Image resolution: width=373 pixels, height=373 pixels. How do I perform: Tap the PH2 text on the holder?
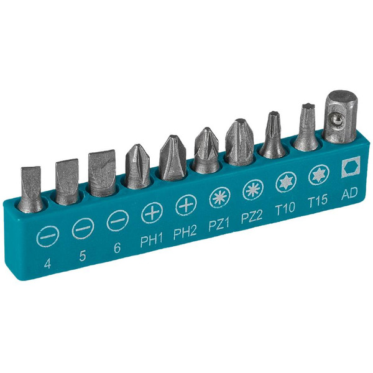[185, 232]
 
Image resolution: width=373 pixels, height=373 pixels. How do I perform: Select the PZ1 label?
[219, 224]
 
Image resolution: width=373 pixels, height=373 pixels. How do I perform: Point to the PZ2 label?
[252, 216]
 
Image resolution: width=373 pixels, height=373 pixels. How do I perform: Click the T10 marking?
[285, 208]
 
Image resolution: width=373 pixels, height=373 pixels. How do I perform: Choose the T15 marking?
[318, 201]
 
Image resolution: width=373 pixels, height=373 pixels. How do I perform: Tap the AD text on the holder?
[349, 193]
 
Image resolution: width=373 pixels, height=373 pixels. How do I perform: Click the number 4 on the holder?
[48, 264]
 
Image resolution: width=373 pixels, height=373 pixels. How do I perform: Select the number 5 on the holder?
[82, 256]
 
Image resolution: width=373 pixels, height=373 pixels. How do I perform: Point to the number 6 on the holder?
[117, 247]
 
